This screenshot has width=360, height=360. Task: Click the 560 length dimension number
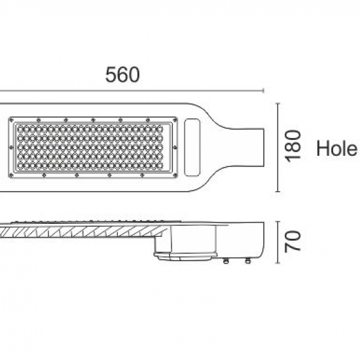[122, 75]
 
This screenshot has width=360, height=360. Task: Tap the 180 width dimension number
[294, 145]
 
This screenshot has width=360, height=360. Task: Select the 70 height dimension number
[294, 241]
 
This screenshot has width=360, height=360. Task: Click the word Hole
[336, 149]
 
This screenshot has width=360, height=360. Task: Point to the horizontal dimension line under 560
[131, 91]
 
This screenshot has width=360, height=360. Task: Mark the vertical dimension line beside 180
[279, 147]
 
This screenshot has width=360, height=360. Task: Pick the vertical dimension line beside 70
[279, 241]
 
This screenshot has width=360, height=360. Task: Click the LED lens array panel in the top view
[94, 147]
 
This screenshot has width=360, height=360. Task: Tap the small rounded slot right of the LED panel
[193, 147]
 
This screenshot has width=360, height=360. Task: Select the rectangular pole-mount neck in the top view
[249, 146]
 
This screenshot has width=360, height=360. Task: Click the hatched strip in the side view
[79, 230]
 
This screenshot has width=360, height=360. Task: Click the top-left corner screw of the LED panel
[13, 120]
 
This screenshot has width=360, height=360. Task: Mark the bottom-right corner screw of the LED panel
[175, 175]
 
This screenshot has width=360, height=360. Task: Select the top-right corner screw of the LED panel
[175, 120]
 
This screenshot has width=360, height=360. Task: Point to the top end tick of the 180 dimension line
[279, 103]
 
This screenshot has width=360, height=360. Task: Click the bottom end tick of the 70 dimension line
[279, 263]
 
